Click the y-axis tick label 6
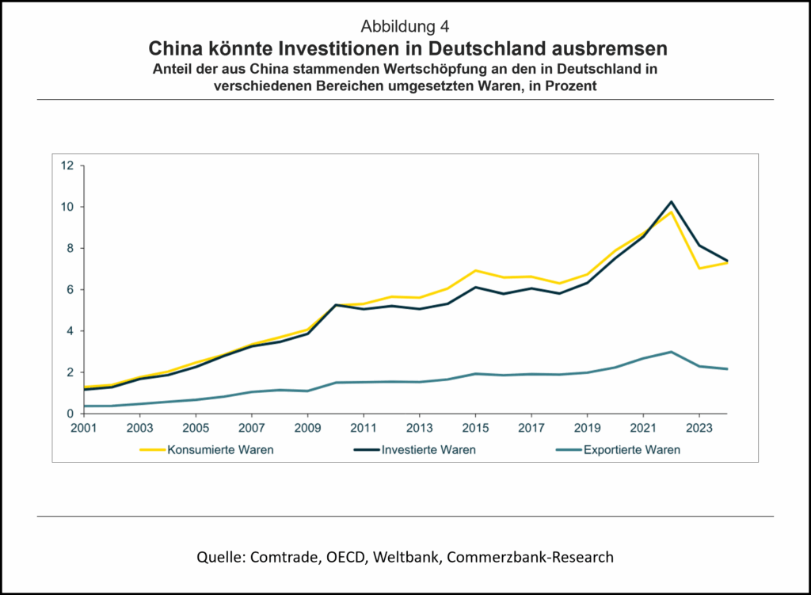[70, 290]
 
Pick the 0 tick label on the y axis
[70, 414]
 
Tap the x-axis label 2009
[307, 429]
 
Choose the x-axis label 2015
[475, 429]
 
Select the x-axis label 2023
[699, 429]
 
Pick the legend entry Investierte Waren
[428, 450]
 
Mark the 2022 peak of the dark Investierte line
[671, 202]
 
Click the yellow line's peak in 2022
[671, 212]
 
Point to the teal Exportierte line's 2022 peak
[671, 352]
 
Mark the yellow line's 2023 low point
[699, 268]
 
